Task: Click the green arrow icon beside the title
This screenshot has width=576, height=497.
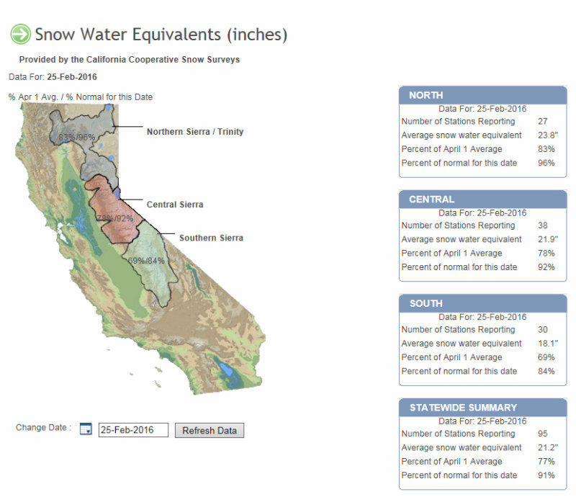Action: click(21, 34)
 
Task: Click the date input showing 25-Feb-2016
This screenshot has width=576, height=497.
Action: click(133, 430)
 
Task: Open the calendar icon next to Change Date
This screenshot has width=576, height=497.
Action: click(86, 429)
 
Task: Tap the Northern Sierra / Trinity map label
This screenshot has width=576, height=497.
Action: click(195, 132)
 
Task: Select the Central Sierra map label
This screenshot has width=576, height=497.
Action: click(175, 205)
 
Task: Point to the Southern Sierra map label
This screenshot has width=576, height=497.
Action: click(211, 238)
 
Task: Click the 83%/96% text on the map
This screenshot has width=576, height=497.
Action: click(77, 137)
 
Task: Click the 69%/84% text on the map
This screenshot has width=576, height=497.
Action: click(146, 261)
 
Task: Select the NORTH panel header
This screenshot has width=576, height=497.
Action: click(482, 95)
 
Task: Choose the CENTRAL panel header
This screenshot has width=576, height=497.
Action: click(482, 200)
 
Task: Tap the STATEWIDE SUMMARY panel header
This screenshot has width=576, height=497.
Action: click(482, 408)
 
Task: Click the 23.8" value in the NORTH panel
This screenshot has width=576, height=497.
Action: click(548, 135)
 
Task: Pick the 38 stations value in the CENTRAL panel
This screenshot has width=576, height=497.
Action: click(543, 225)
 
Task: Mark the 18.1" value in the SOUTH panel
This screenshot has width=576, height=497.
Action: click(548, 344)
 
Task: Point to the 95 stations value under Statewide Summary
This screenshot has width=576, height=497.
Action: click(543, 434)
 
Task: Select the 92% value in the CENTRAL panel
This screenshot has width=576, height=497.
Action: click(546, 267)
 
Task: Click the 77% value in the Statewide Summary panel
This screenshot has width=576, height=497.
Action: click(546, 461)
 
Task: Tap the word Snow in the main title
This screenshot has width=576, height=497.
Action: click(55, 35)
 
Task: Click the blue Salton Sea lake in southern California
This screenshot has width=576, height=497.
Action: click(225, 368)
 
